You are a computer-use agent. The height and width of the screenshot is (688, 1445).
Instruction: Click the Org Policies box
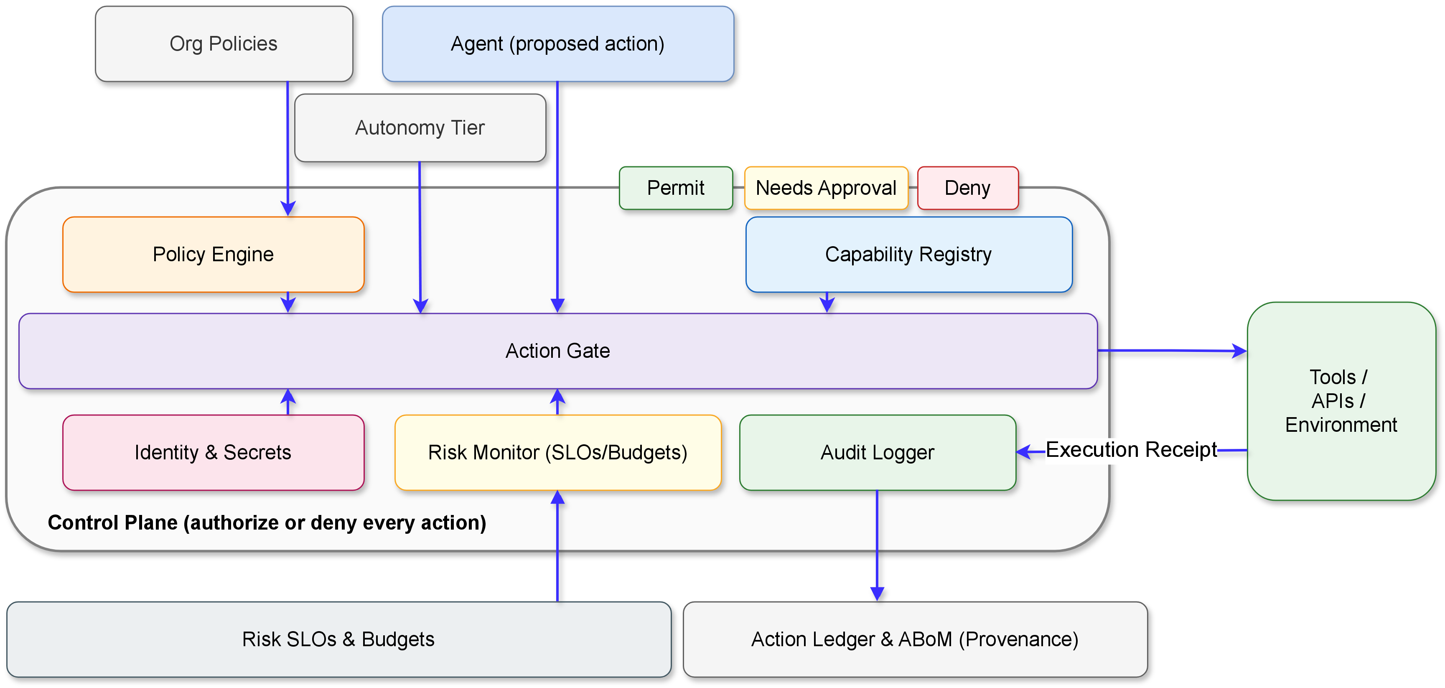(224, 44)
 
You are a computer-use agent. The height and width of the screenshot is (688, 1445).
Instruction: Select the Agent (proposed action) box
(557, 44)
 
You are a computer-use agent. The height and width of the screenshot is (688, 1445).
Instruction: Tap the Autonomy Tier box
(420, 128)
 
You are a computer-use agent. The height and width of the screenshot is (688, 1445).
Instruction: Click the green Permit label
(675, 188)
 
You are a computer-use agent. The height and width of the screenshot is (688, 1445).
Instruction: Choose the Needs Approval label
(826, 188)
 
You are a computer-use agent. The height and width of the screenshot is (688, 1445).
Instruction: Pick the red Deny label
(968, 188)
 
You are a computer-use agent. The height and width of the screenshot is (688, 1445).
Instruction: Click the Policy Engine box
(213, 254)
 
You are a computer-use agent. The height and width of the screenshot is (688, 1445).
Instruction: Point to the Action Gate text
(557, 351)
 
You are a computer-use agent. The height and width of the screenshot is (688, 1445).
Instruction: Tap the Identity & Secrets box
(213, 452)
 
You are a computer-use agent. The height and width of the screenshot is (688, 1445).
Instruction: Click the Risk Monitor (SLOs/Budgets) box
(557, 452)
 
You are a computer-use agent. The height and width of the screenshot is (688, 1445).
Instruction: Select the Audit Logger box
(878, 452)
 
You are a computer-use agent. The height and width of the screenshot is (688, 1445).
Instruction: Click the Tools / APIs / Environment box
(1341, 401)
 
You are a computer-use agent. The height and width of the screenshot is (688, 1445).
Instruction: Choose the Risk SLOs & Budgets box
(338, 639)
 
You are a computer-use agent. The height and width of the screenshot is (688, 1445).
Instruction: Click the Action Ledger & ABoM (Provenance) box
(915, 639)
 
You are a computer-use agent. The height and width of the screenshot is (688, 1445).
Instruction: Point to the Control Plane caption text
(267, 522)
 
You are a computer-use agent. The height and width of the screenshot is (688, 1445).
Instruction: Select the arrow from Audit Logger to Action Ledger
(878, 544)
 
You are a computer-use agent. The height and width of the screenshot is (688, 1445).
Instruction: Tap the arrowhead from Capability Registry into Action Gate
(827, 304)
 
